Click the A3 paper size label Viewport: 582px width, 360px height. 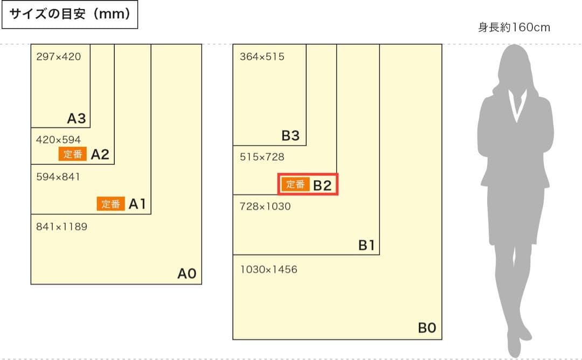pyautogui.click(x=77, y=119)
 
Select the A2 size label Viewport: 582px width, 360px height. pyautogui.click(x=100, y=155)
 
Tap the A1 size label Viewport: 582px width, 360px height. pyautogui.click(x=137, y=204)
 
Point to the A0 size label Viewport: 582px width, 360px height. pyautogui.click(x=187, y=274)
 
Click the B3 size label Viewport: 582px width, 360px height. pyautogui.click(x=290, y=136)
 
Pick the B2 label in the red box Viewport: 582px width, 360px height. pyautogui.click(x=322, y=185)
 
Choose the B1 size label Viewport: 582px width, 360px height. pyautogui.click(x=366, y=246)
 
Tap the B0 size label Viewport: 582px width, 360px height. pyautogui.click(x=427, y=328)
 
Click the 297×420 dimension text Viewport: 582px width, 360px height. pyautogui.click(x=58, y=56)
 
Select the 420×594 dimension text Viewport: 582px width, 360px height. pyautogui.click(x=58, y=140)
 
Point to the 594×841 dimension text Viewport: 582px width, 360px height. pyautogui.click(x=58, y=177)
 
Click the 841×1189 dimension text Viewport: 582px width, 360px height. pyautogui.click(x=61, y=227)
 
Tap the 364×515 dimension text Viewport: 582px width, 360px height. pyautogui.click(x=262, y=57)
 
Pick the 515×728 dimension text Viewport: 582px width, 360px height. pyautogui.click(x=262, y=157)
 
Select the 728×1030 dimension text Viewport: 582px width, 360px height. pyautogui.click(x=265, y=206)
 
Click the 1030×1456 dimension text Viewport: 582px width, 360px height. pyautogui.click(x=268, y=269)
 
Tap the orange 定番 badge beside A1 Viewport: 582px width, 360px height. pyautogui.click(x=111, y=204)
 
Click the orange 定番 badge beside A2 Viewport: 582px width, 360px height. pyautogui.click(x=72, y=155)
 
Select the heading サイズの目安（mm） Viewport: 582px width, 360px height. pyautogui.click(x=71, y=15)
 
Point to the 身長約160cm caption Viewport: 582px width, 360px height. pyautogui.click(x=514, y=27)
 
